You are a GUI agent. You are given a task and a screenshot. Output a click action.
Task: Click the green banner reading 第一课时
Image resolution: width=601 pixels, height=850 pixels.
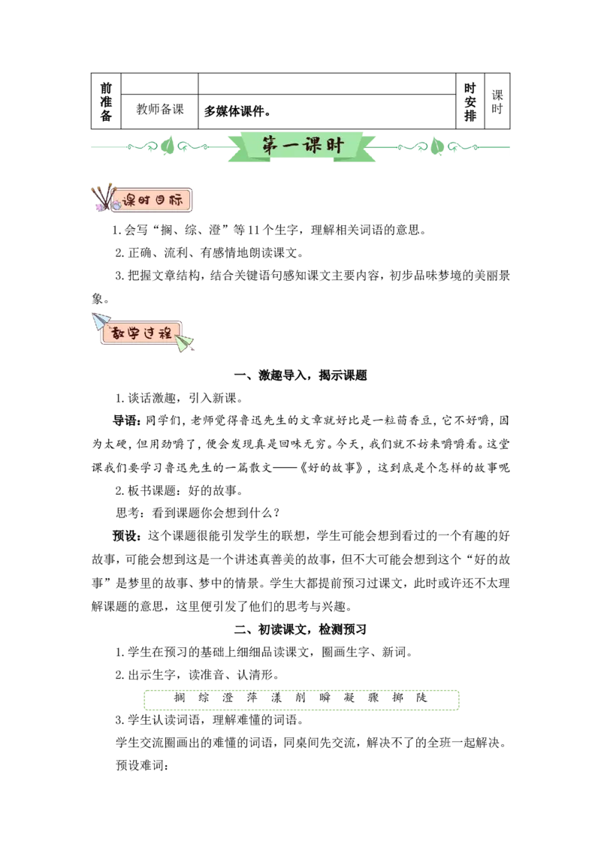[301, 146]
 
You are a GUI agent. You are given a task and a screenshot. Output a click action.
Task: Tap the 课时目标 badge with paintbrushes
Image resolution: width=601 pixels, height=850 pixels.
[142, 199]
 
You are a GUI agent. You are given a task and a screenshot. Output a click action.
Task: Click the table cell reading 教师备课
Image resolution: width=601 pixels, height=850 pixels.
[159, 110]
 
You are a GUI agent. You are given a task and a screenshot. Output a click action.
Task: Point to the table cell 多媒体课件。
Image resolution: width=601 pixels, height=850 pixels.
[237, 112]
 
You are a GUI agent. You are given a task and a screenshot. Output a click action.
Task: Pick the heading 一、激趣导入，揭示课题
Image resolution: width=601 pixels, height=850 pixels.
[300, 375]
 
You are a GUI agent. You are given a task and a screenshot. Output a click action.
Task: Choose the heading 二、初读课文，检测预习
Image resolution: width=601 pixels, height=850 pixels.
[300, 629]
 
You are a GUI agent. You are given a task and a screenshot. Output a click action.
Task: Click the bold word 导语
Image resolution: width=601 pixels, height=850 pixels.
[124, 420]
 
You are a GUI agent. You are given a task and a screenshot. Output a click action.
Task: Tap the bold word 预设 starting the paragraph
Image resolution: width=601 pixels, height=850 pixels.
[124, 536]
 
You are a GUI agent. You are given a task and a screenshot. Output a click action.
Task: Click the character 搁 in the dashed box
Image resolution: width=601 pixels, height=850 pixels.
[180, 698]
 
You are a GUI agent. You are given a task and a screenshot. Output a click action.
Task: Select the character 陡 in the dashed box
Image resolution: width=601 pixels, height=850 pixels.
[421, 698]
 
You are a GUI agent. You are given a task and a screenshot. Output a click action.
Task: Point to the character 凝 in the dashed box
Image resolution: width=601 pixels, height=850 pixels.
[349, 698]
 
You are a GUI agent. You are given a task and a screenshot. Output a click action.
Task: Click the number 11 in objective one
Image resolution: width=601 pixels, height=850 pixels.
[254, 231]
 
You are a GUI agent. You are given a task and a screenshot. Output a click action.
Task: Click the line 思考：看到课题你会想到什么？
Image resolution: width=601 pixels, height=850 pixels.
[198, 513]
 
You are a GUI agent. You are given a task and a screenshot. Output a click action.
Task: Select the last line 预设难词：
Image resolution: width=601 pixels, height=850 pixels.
[142, 765]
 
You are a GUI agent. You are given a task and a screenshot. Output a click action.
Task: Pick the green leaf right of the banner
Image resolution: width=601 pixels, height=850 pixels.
[436, 146]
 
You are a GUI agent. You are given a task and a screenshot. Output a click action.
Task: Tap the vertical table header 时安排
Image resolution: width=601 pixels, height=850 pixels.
[470, 102]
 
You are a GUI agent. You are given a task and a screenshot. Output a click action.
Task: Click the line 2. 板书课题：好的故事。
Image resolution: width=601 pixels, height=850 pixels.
[179, 490]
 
